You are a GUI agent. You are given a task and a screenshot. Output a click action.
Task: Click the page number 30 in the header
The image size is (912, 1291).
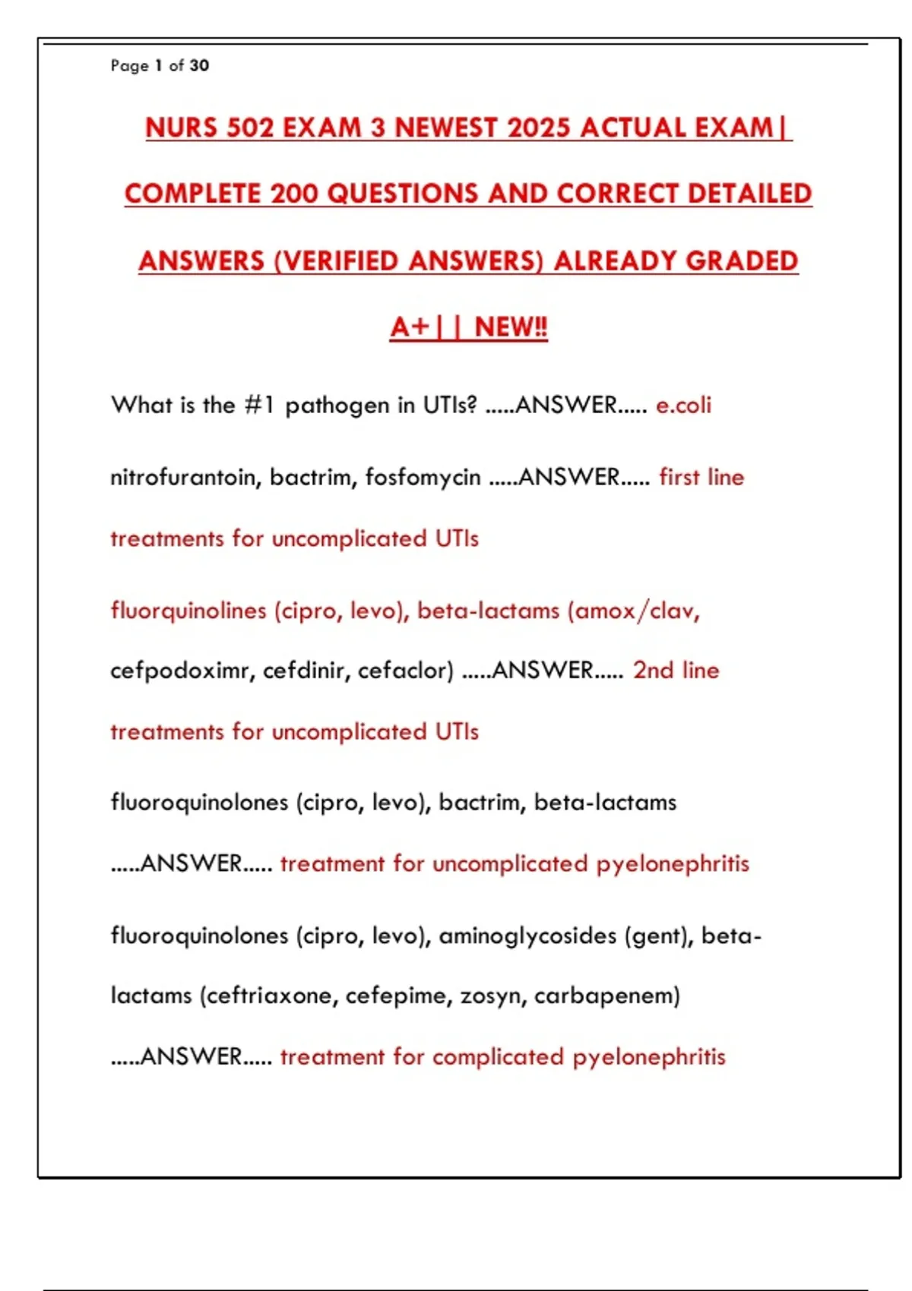coord(199,66)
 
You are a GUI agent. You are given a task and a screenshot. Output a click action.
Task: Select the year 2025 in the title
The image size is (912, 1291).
coord(538,128)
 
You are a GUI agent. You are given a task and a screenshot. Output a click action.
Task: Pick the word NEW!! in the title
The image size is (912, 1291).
coord(511,327)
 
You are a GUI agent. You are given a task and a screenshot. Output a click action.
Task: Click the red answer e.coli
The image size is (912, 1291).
coord(683,405)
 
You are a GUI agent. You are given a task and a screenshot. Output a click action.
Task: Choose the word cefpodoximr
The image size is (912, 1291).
coord(182,671)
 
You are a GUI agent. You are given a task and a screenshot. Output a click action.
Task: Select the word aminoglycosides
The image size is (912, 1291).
coord(527,936)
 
